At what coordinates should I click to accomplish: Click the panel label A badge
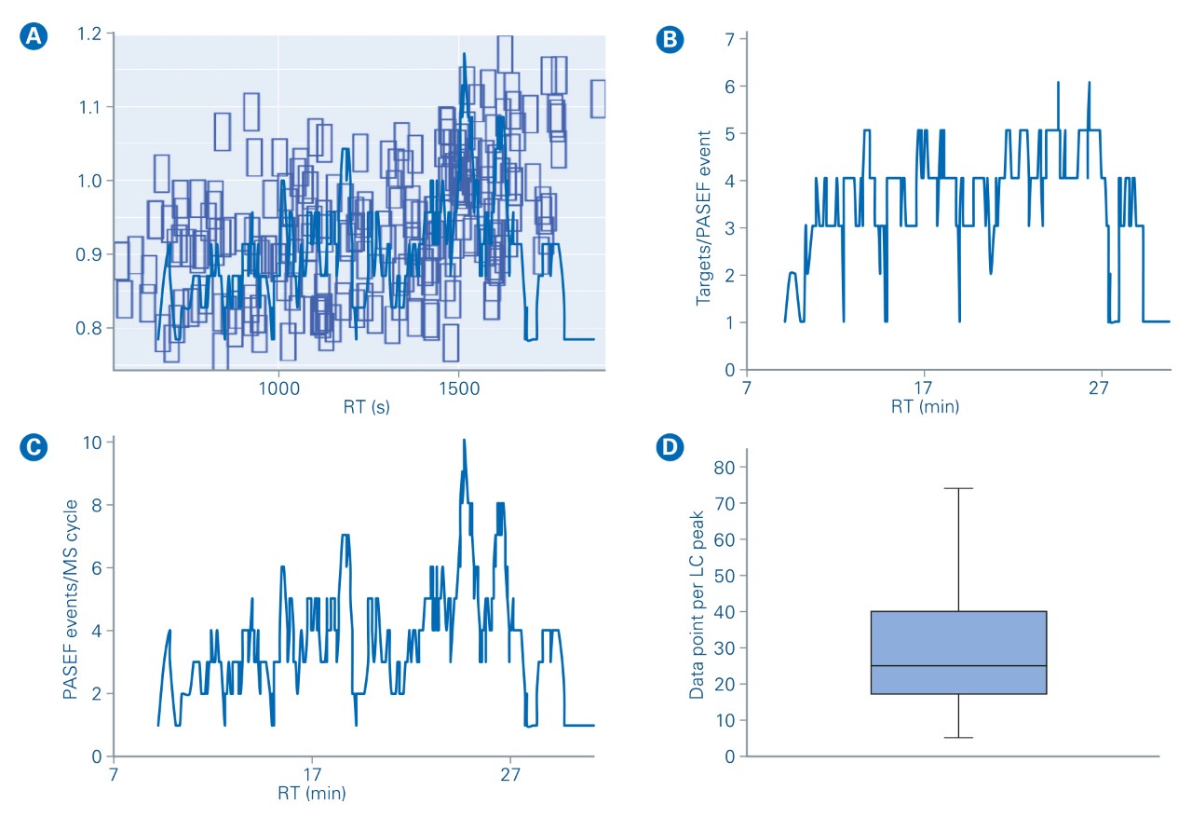34,36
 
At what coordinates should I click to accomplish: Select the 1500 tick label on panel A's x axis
457,387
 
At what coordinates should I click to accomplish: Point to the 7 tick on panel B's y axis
731,38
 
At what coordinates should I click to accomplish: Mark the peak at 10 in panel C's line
464,441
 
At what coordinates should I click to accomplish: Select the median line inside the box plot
957,666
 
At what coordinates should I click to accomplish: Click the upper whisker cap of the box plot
957,488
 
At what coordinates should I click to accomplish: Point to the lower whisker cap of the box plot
957,738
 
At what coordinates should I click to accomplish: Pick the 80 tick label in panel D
723,467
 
